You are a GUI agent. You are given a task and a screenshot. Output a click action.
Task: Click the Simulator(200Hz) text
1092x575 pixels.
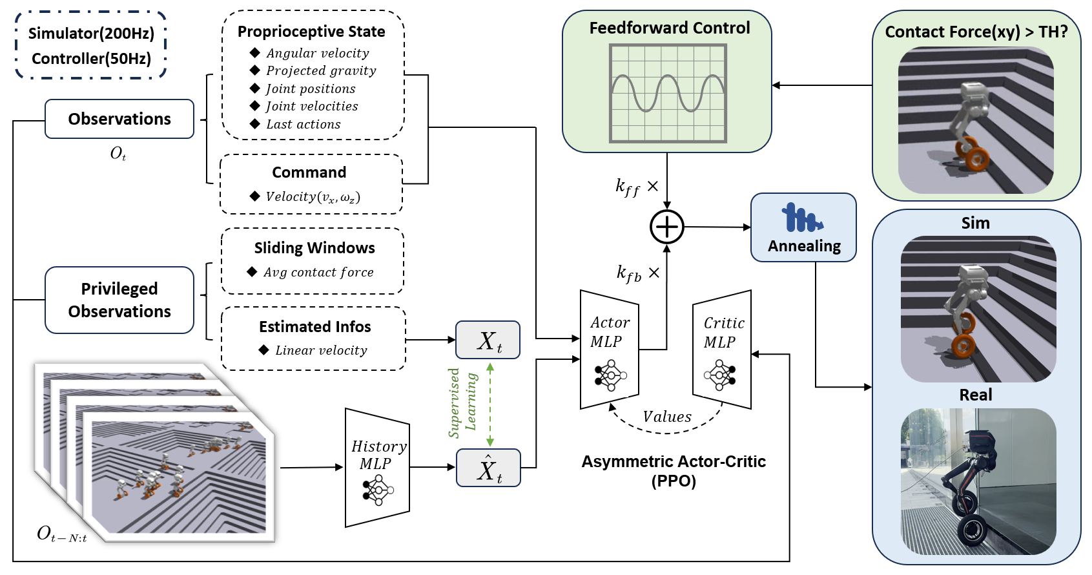(91, 34)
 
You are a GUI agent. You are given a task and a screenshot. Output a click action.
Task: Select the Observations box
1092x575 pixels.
(119, 119)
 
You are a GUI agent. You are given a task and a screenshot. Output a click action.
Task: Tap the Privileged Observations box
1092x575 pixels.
(119, 300)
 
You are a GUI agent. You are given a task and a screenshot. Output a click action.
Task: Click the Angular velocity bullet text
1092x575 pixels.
(317, 53)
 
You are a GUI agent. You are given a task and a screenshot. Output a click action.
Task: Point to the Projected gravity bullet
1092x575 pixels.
(320, 70)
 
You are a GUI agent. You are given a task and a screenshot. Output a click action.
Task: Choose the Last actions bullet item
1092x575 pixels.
(303, 124)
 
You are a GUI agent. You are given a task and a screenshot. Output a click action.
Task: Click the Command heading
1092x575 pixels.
(309, 172)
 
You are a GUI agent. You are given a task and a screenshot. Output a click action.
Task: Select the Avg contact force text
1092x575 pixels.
(318, 272)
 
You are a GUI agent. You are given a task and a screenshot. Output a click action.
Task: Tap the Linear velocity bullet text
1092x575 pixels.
(320, 350)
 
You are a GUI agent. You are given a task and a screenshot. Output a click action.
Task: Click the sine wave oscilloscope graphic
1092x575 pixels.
(668, 93)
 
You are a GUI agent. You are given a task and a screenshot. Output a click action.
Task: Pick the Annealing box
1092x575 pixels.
(804, 227)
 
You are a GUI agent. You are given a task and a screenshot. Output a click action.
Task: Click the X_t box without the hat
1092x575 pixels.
(488, 340)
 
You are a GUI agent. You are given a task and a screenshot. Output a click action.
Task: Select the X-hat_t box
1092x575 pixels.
(488, 468)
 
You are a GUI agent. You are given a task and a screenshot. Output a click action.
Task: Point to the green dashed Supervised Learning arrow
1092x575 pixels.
(490, 404)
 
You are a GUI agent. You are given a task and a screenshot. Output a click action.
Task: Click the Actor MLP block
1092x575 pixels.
(609, 350)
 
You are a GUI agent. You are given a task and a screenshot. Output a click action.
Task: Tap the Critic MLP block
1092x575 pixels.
(723, 350)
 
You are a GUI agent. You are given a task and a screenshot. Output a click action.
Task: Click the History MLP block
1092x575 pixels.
(378, 468)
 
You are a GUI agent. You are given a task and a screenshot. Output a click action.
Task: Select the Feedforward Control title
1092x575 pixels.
(669, 28)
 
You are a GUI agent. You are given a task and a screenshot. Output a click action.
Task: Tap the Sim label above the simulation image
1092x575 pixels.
(975, 223)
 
